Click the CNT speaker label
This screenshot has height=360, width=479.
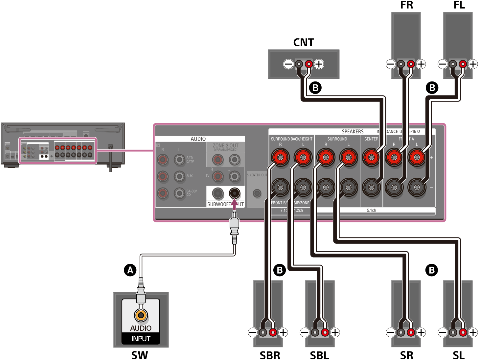pyautogui.click(x=303, y=42)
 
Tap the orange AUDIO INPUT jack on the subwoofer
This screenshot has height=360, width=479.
pyautogui.click(x=141, y=315)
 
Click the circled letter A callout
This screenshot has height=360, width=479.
pyautogui.click(x=130, y=270)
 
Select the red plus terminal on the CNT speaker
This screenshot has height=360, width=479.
pyautogui.click(x=309, y=64)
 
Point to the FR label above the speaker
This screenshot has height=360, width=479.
pyautogui.click(x=406, y=5)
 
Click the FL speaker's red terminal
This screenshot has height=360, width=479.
pyautogui.click(x=463, y=64)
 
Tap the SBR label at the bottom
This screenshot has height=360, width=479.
pyautogui.click(x=270, y=355)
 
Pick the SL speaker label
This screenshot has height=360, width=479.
pyautogui.click(x=459, y=355)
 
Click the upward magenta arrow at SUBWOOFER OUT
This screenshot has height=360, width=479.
pyautogui.click(x=234, y=204)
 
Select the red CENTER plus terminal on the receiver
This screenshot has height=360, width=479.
pyautogui.click(x=371, y=157)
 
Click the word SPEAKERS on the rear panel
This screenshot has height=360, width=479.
pyautogui.click(x=353, y=131)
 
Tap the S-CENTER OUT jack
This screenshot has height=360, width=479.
pyautogui.click(x=257, y=193)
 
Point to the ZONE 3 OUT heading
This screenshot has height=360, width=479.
pyautogui.click(x=225, y=146)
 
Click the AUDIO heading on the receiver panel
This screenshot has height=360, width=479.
pyautogui.click(x=198, y=139)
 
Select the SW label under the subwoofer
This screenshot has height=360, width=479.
pyautogui.click(x=140, y=355)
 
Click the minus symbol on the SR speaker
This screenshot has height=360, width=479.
pyautogui.click(x=391, y=332)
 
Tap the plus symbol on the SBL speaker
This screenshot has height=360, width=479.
pyautogui.click(x=335, y=332)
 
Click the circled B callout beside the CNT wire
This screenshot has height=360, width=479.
pyautogui.click(x=315, y=88)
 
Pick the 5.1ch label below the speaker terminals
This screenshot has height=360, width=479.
pyautogui.click(x=371, y=211)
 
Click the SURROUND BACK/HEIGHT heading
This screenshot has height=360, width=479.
pyautogui.click(x=291, y=139)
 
